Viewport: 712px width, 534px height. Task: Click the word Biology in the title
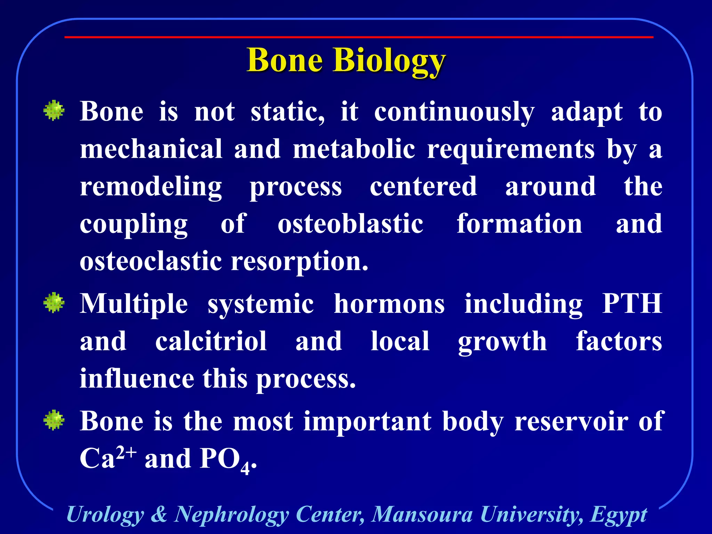point(389,61)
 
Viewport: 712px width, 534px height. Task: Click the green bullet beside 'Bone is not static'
point(54,111)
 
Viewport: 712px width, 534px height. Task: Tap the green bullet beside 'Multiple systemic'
point(54,303)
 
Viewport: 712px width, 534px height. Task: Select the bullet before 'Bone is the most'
point(54,420)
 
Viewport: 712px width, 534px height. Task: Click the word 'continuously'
point(454,112)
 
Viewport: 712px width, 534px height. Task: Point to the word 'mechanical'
point(151,148)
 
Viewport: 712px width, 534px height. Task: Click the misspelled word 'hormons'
point(389,304)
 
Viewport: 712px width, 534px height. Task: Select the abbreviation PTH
point(632,304)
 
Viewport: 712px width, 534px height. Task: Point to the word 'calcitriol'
point(211,341)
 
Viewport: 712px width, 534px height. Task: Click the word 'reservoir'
point(571,421)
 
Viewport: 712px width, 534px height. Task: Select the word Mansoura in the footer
point(422,514)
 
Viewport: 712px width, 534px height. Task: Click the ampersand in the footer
point(159,514)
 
